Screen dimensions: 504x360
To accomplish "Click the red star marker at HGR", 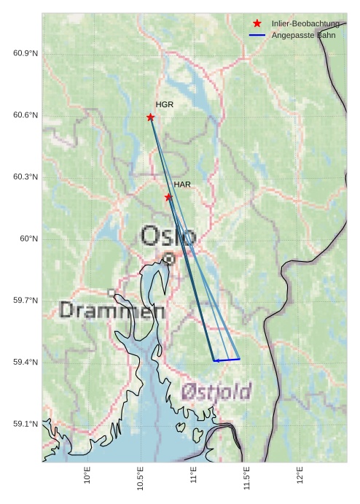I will (150, 117).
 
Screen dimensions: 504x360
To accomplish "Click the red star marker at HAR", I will (168, 197).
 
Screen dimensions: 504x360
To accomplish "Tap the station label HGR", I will (165, 105).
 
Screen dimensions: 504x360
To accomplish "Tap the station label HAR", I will (182, 185).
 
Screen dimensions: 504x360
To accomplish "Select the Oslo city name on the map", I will (168, 236).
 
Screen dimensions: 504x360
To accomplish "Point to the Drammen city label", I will (111, 311).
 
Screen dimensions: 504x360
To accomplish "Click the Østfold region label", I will (216, 391).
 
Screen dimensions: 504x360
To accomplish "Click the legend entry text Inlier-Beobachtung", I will (305, 24).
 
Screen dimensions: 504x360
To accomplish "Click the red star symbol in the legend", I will (257, 24).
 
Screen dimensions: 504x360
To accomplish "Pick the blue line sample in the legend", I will (257, 35).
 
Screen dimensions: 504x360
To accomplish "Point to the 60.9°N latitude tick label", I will (26, 54).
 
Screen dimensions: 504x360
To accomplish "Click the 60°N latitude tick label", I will (28, 239).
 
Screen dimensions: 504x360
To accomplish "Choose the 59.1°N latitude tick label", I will (26, 424).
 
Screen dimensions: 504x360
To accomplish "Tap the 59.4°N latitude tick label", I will (26, 363).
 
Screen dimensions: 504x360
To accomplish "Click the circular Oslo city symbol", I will (169, 258).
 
